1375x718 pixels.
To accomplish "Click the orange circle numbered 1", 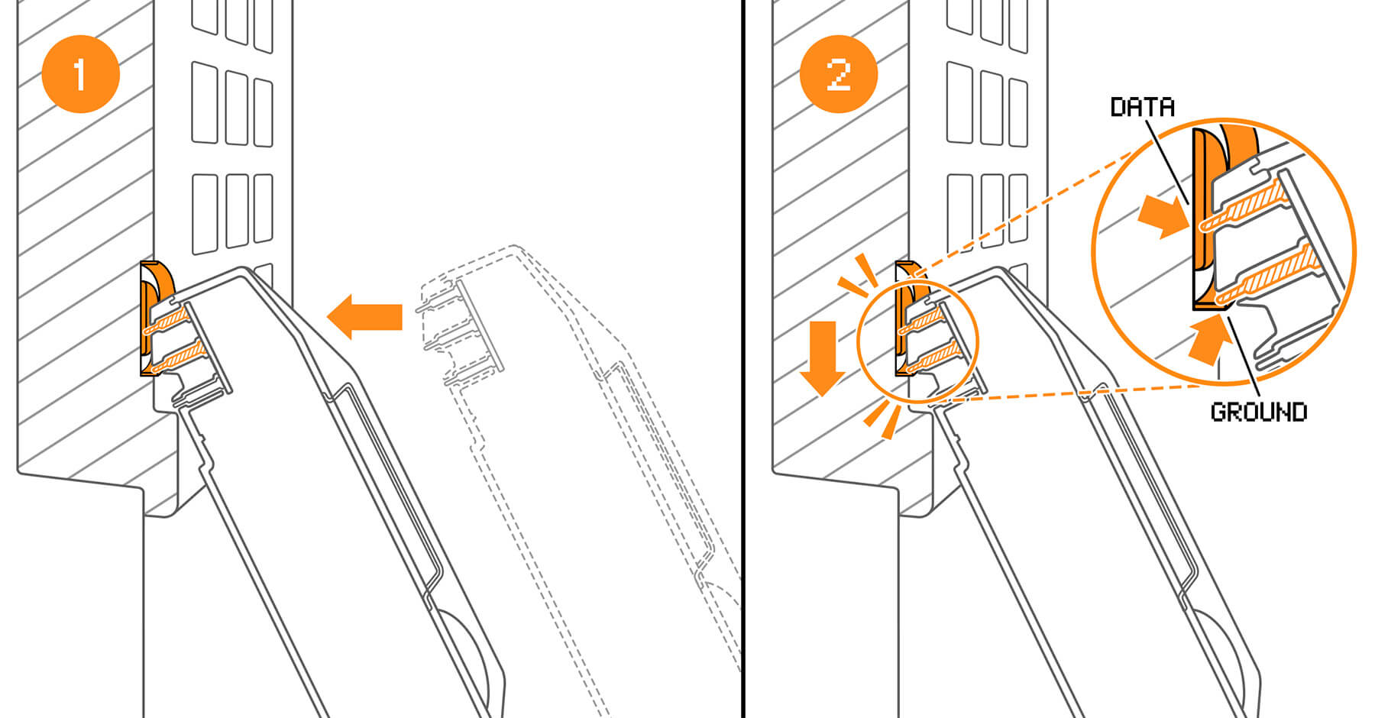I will pos(80,74).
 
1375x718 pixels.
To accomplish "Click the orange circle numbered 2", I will pos(838,74).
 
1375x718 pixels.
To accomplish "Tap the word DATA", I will pos(1142,107).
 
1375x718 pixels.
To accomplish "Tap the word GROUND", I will pos(1258,412).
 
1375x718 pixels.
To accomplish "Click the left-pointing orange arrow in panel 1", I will pos(366,316).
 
